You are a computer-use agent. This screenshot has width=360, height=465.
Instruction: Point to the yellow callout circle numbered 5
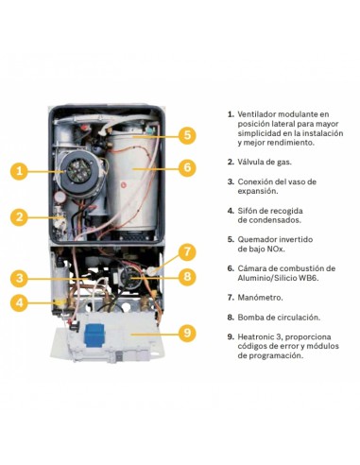point(187,135)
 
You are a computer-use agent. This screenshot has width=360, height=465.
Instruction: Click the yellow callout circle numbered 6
point(187,168)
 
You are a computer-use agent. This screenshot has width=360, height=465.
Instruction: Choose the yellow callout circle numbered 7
point(187,251)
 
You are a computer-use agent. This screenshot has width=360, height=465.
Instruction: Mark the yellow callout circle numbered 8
point(187,276)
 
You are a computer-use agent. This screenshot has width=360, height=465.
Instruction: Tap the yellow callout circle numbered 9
point(187,332)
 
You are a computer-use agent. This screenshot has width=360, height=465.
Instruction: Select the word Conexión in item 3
point(257,181)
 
